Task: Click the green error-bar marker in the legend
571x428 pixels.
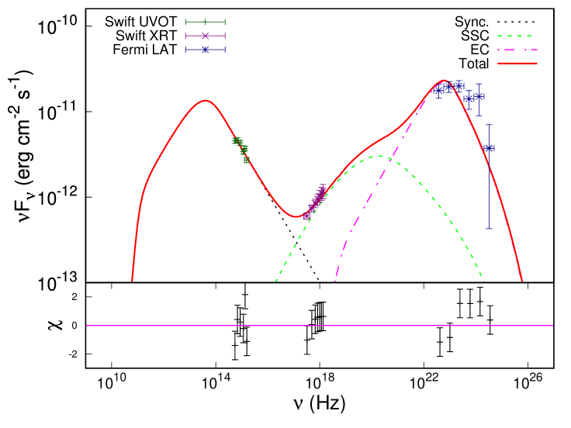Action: [205, 22]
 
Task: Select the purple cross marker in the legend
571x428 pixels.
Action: [205, 36]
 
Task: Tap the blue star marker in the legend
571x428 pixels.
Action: [205, 50]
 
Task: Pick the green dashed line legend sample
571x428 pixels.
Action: [514, 36]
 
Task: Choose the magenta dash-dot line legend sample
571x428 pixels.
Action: [517, 50]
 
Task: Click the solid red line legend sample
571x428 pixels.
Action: [517, 63]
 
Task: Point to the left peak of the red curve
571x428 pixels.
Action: [205, 100]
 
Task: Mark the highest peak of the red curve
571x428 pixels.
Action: [444, 80]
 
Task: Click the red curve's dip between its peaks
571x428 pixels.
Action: [296, 217]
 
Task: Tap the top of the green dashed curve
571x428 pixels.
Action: [379, 157]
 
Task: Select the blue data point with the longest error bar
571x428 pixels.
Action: [489, 148]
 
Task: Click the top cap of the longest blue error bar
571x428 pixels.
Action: [489, 124]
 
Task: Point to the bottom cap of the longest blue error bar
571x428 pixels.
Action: [489, 228]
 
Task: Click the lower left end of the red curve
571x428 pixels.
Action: [132, 281]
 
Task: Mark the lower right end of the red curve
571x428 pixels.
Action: [522, 281]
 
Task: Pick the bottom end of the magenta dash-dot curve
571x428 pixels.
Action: [335, 281]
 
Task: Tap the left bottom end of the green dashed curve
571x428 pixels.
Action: [276, 281]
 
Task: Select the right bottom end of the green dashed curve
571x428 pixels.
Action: [484, 281]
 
